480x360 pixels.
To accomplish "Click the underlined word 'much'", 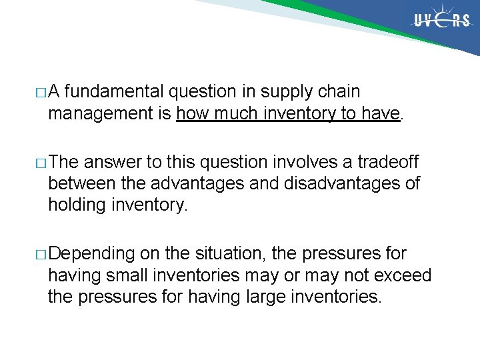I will tap(236, 114).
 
